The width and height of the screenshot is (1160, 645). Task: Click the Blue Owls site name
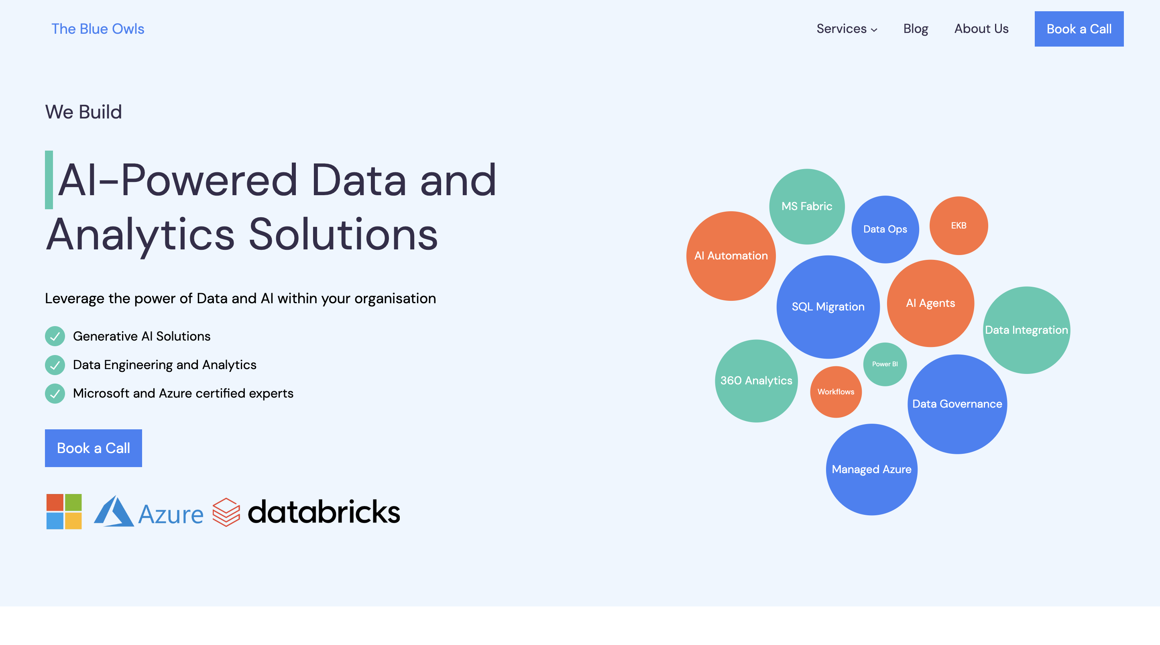(x=98, y=29)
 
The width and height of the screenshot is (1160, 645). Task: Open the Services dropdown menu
(x=847, y=29)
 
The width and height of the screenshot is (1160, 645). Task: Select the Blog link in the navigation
(x=916, y=29)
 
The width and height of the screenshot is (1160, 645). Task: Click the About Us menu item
(x=981, y=29)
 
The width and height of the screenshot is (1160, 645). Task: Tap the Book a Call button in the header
(x=1079, y=29)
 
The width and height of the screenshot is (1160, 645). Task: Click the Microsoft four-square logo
(x=64, y=511)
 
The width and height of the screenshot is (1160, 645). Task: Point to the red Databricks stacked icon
(x=226, y=512)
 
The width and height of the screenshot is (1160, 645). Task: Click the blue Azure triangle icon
(x=114, y=512)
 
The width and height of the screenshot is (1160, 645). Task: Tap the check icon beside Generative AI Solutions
(x=55, y=336)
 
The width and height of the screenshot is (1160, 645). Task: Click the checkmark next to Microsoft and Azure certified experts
(x=55, y=393)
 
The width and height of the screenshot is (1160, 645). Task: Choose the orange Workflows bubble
(x=836, y=392)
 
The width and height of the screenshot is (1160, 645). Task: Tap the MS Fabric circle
(x=806, y=206)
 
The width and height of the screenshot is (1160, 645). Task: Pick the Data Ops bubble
(x=885, y=229)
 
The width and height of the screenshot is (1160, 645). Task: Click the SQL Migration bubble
(x=828, y=307)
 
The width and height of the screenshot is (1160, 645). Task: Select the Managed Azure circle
(x=871, y=469)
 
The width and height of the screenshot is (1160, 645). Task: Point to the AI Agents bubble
(x=930, y=303)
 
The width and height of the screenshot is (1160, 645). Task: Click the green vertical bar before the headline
(x=49, y=180)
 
